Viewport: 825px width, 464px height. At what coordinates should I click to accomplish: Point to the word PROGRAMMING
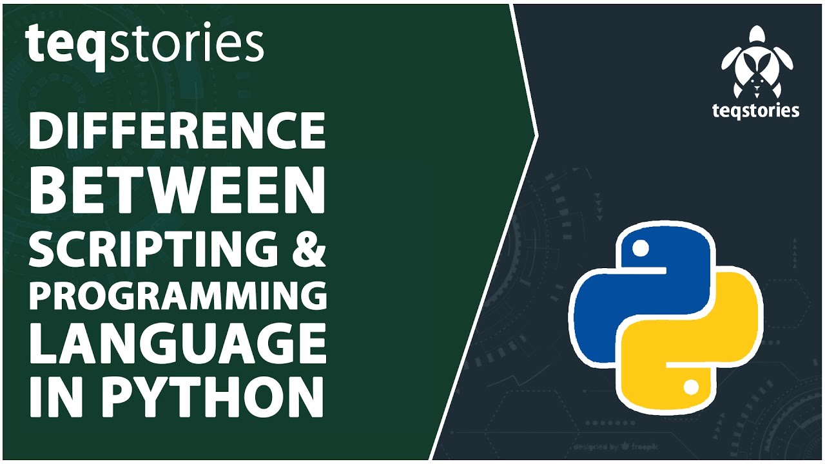[x=176, y=295]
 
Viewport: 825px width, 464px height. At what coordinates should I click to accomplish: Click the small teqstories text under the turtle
[x=756, y=110]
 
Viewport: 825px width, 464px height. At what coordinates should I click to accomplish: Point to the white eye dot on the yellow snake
[x=690, y=387]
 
